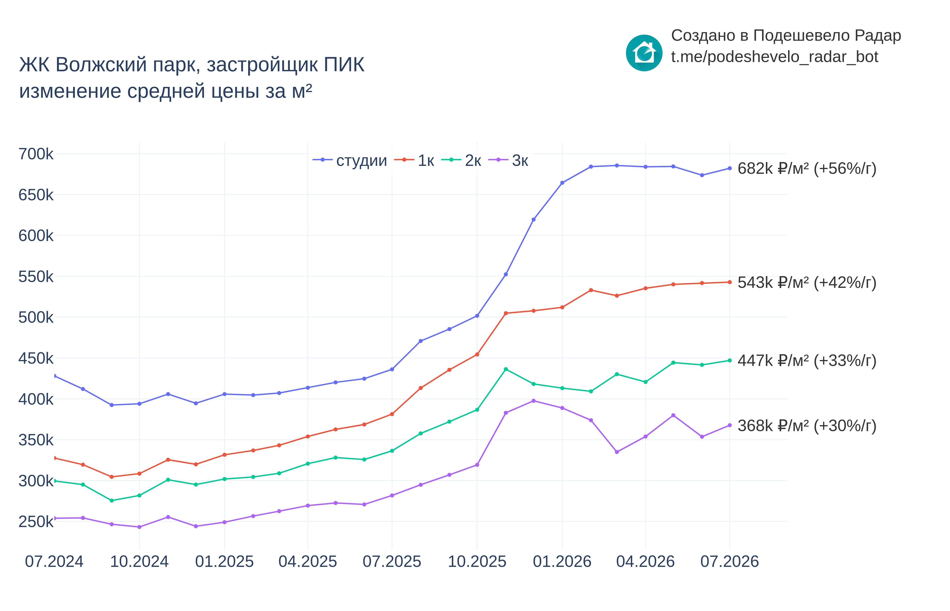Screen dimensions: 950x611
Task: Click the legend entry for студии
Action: coord(350,160)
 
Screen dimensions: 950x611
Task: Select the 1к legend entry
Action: coord(414,160)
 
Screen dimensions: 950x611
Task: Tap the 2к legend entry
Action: coord(461,160)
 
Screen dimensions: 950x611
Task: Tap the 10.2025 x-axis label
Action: coord(477,561)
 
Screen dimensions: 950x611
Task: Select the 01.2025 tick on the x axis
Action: coord(224,561)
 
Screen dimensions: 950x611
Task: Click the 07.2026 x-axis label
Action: coord(729,561)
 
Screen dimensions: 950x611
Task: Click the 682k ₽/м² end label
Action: coord(807,169)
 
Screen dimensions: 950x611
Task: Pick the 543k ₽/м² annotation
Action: coord(807,282)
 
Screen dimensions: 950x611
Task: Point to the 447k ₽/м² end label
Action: coord(807,361)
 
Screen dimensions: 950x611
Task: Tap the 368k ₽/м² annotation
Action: coord(807,426)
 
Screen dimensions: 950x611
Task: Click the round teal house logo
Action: coord(644,53)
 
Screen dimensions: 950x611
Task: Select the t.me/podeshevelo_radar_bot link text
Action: coord(774,57)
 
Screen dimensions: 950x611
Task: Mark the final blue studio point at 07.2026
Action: coord(729,168)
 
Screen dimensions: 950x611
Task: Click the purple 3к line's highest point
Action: coord(533,401)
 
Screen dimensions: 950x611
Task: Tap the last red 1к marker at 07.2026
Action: coord(729,282)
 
